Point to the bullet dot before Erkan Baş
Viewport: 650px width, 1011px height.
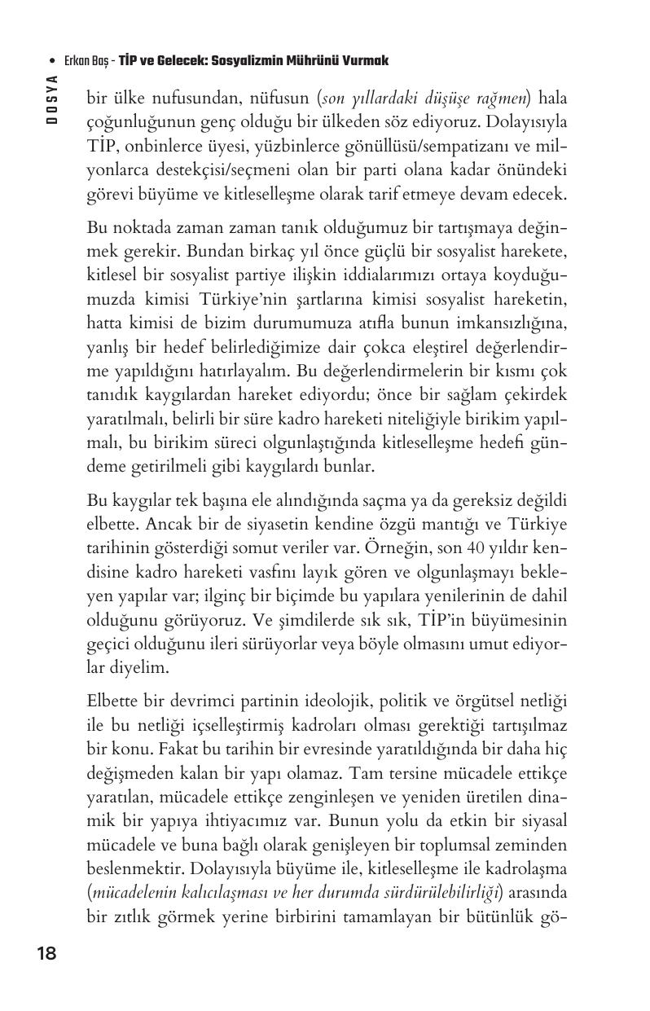pyautogui.click(x=52, y=62)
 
